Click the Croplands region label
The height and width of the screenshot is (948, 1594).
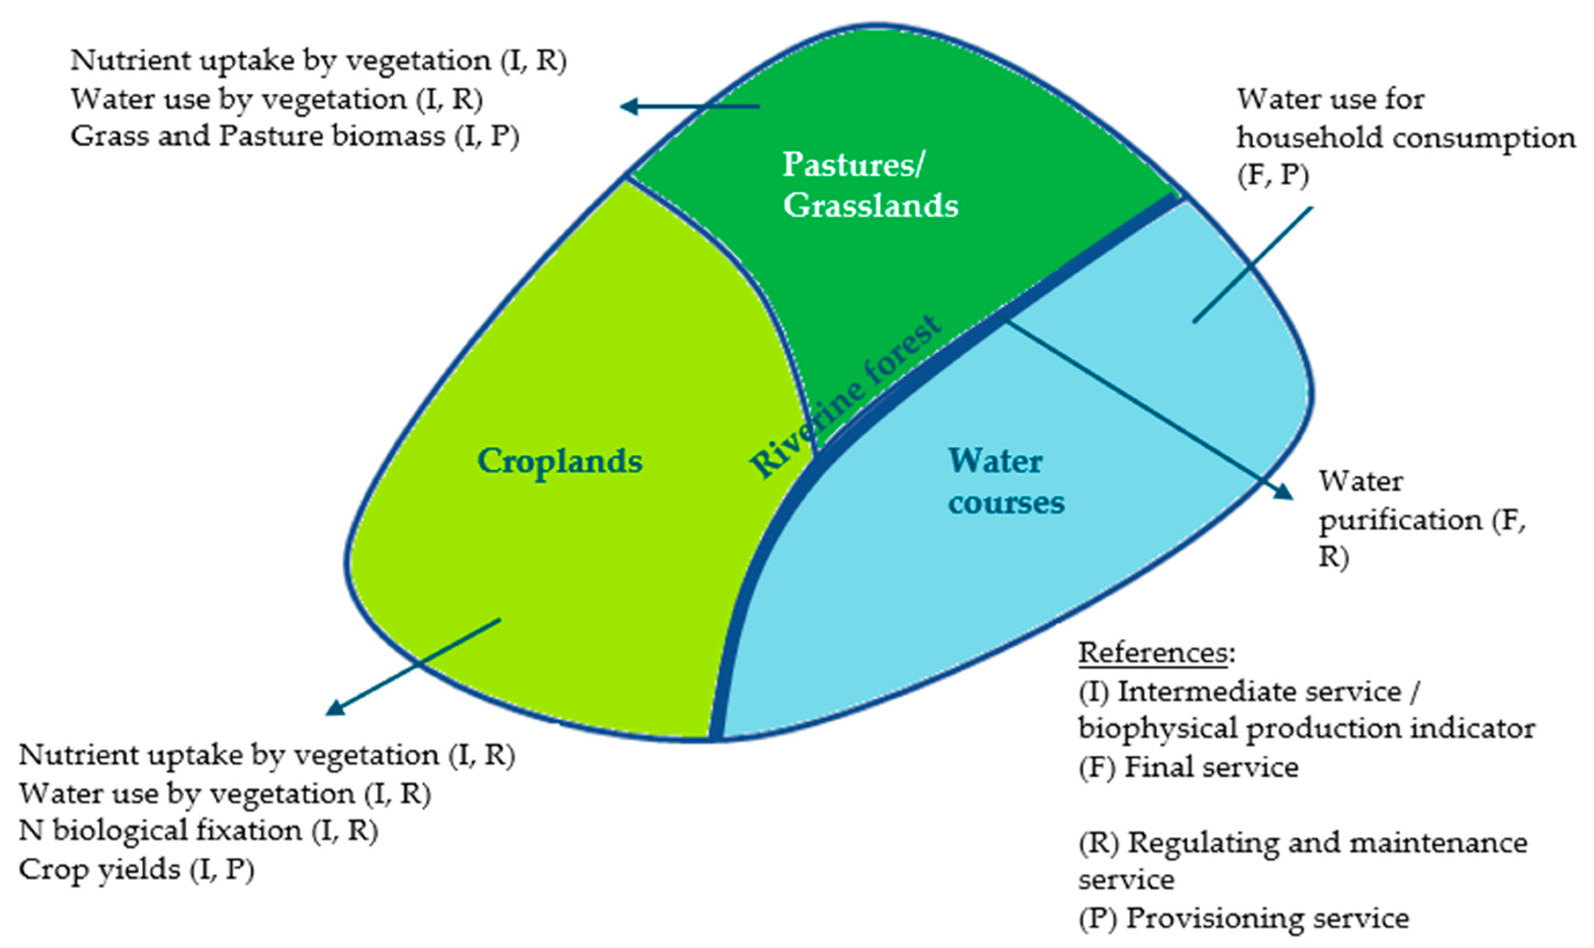click(x=560, y=461)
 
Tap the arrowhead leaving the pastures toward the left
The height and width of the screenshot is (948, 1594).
click(x=630, y=106)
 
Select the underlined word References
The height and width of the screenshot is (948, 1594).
click(x=1152, y=652)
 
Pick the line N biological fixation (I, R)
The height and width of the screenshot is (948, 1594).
click(x=198, y=831)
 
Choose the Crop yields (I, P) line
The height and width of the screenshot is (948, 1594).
click(x=136, y=869)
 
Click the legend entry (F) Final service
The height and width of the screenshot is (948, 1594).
click(x=1188, y=767)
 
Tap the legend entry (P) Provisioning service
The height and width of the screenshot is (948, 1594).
click(x=1243, y=919)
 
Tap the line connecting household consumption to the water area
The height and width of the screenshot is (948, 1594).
click(x=1252, y=265)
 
